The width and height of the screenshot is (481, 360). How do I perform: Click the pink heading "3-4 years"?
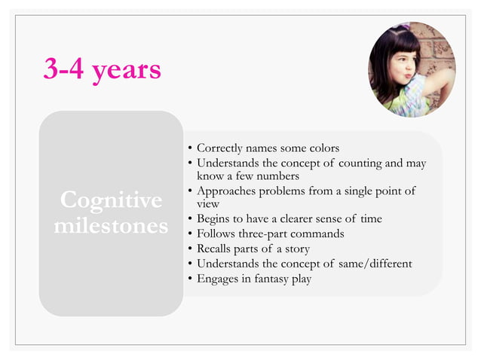[102, 69]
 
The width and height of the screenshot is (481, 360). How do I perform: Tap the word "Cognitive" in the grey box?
[111, 201]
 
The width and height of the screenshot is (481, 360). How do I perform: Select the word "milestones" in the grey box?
[111, 226]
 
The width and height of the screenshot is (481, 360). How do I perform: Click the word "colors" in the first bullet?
[322, 147]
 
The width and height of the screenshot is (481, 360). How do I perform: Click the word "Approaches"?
[225, 191]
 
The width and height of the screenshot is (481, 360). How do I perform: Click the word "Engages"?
[217, 279]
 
